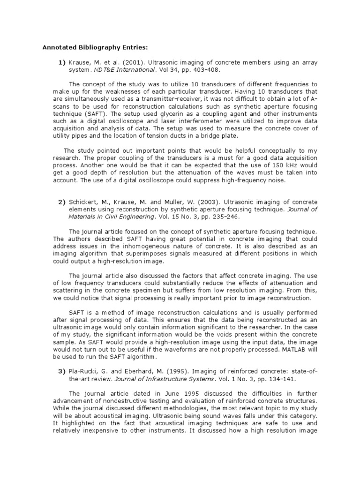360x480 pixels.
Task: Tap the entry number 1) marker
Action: coord(61,62)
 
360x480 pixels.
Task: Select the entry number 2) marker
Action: coord(61,202)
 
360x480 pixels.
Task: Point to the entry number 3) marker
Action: coord(61,372)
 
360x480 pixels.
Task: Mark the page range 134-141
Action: coord(284,379)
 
